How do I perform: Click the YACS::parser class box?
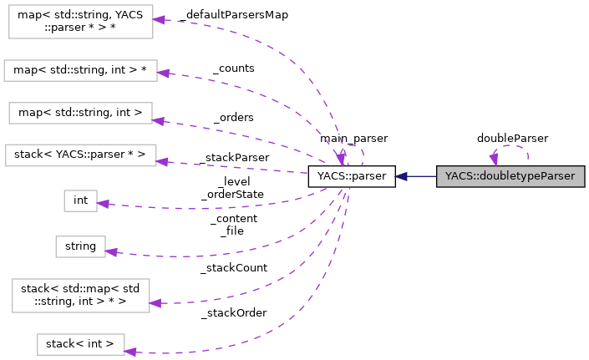point(351,176)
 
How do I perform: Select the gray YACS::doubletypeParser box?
point(510,176)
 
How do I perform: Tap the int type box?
point(80,200)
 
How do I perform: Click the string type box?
point(80,246)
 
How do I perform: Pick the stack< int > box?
point(80,343)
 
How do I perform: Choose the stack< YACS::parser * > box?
point(80,155)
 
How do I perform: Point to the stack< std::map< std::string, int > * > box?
point(80,295)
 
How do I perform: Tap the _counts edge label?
point(233,68)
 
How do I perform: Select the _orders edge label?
point(233,117)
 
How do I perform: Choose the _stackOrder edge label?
point(233,312)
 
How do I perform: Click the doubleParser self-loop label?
point(512,137)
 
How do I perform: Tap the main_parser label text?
point(353,137)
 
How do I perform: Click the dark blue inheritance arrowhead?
point(402,176)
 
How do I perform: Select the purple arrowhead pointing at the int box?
point(104,203)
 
